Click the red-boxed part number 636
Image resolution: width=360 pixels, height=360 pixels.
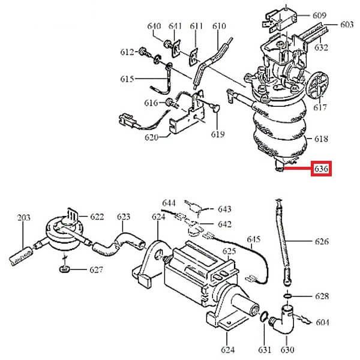321,169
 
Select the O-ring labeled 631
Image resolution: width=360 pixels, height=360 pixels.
264,316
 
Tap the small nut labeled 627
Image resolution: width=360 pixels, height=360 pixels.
64,268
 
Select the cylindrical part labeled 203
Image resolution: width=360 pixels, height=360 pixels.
20,256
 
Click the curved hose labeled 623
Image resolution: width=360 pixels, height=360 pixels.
118,245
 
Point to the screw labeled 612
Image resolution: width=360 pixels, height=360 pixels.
145,52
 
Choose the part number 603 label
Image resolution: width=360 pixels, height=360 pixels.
347,25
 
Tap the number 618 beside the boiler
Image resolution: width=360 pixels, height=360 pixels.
321,139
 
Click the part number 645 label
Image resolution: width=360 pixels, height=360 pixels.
253,239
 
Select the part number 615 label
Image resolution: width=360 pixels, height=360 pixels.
127,79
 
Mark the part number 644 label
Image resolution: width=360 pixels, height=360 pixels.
169,203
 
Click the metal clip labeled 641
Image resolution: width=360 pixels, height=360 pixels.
176,49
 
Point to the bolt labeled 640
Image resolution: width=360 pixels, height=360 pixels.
167,44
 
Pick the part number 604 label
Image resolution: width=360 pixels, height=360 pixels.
323,322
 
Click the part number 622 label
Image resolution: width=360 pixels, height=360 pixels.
97,217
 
